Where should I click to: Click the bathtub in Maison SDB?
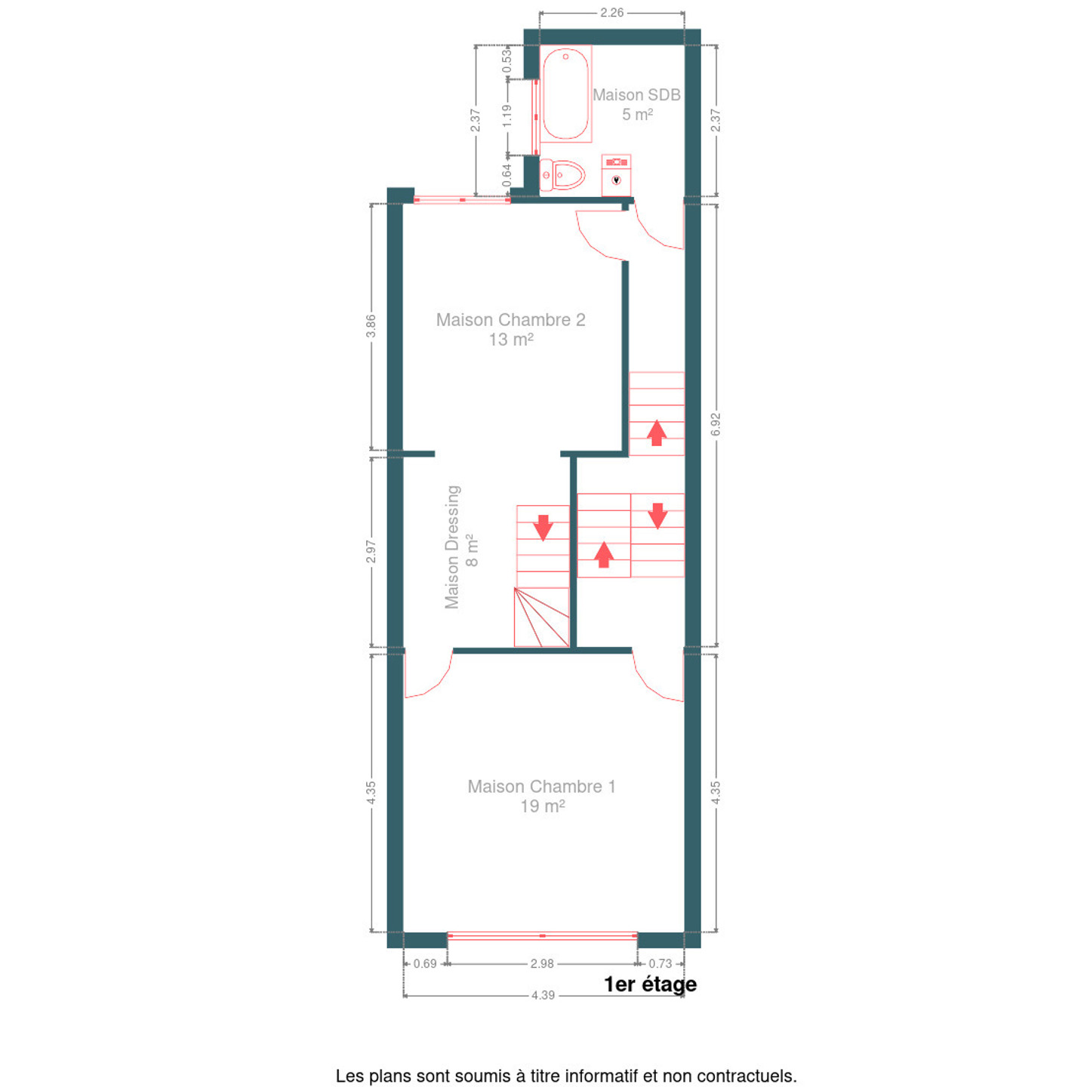tap(565, 94)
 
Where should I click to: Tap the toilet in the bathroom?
tap(562, 175)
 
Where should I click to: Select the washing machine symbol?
tap(616, 175)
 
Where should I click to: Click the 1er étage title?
tap(651, 984)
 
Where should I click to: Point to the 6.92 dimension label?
tap(716, 424)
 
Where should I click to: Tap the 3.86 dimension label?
tap(371, 325)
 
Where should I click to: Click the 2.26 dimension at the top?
tap(612, 12)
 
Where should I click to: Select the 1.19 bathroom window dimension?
tap(507, 115)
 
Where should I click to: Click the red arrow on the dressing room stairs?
tap(543, 528)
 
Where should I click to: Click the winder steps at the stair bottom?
tap(541, 617)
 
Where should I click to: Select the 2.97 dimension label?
tap(371, 551)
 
